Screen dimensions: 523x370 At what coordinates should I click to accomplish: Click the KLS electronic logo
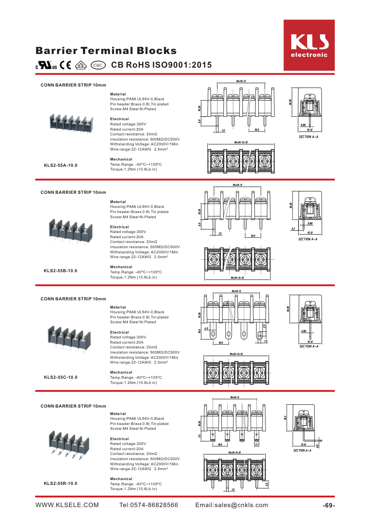309,45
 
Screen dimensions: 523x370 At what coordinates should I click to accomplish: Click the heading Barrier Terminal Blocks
106,51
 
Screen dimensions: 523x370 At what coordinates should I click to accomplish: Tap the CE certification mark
65,65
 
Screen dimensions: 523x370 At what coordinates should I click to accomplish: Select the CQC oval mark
98,65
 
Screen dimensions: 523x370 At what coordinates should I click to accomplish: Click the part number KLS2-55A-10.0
61,165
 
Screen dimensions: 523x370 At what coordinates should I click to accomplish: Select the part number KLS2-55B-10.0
61,271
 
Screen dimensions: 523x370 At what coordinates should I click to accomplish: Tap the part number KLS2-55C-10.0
61,377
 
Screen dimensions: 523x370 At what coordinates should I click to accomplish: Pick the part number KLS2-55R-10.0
61,483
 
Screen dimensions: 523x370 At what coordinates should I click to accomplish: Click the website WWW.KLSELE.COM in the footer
67,505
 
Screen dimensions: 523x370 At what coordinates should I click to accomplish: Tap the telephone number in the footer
149,505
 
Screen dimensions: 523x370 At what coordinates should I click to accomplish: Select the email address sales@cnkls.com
232,505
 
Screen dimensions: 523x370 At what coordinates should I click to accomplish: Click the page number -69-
329,506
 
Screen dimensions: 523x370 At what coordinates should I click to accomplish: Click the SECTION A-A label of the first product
308,137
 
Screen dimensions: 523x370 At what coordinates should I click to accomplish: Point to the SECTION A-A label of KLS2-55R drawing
302,451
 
